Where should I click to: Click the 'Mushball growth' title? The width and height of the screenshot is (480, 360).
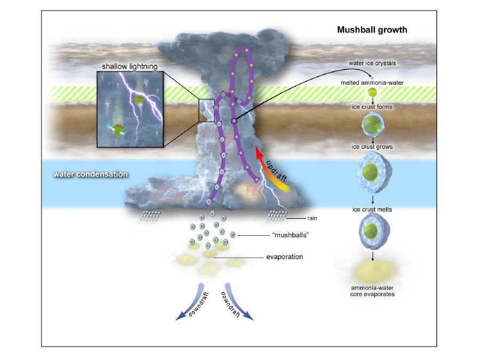pos(372,30)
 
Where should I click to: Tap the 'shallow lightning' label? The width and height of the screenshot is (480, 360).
pos(130,67)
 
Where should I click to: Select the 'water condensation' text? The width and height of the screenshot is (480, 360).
pos(90,174)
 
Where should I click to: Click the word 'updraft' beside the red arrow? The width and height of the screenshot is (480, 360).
pos(276,171)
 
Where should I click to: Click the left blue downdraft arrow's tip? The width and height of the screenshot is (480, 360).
pos(177,319)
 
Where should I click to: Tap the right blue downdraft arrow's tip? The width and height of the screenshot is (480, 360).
pos(253,319)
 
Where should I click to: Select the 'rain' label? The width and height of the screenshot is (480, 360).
pos(312,218)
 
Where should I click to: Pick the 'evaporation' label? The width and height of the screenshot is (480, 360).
pos(284,257)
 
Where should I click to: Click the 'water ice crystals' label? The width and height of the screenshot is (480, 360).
pos(372,63)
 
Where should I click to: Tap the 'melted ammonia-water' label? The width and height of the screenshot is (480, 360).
pos(372,83)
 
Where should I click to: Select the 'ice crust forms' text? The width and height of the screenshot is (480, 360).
pos(372,107)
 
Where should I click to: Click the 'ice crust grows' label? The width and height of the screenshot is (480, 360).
pos(372,147)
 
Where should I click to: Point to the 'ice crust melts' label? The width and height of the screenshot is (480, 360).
pos(372,210)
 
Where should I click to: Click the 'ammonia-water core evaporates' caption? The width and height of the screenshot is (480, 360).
pos(372,291)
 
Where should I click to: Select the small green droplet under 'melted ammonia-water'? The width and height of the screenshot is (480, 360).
pos(372,92)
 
